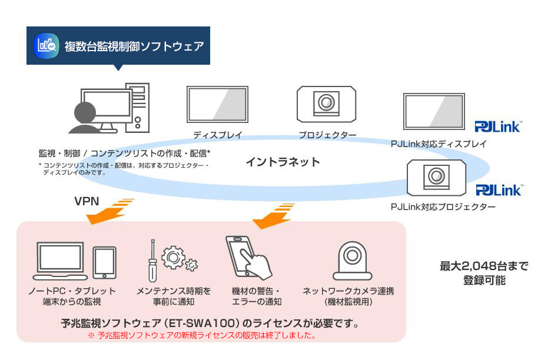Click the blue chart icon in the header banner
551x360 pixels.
[x=47, y=45]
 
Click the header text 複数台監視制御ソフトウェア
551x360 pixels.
[x=134, y=46]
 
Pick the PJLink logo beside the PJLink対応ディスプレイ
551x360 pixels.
[x=498, y=126]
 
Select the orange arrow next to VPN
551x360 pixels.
[x=109, y=212]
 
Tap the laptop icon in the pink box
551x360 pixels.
[x=59, y=260]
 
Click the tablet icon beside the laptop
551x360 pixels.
[x=104, y=262]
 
